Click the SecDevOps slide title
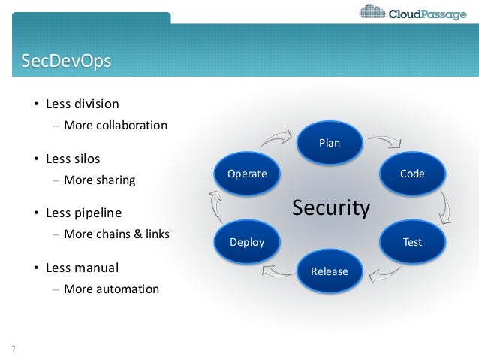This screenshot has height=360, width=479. point(67,61)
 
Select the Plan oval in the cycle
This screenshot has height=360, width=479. point(330,141)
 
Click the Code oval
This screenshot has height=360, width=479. point(412,174)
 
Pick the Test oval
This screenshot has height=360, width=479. point(412,242)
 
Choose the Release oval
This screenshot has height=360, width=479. point(330,271)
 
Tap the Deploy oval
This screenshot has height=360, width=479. point(247,242)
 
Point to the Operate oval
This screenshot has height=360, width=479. point(247,174)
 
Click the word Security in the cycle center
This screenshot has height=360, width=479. point(330,207)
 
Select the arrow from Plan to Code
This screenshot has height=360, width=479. point(384,142)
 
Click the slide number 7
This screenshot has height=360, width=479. point(14,347)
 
